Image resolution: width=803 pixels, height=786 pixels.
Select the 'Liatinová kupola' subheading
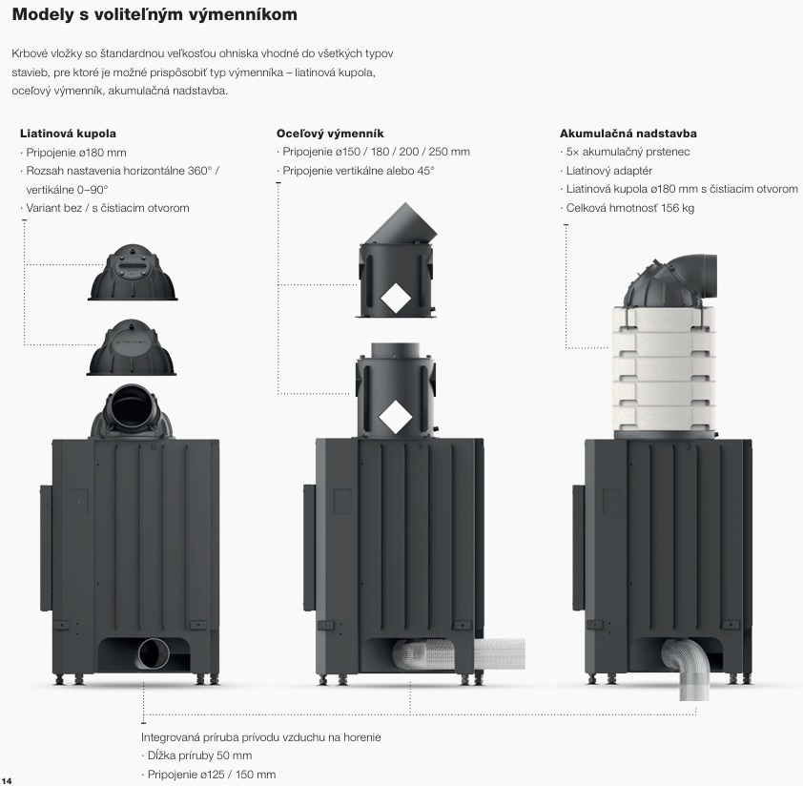pyautogui.click(x=68, y=134)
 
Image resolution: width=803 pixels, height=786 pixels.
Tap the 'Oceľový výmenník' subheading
pyautogui.click(x=330, y=134)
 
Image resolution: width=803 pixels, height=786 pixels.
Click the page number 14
pyautogui.click(x=7, y=779)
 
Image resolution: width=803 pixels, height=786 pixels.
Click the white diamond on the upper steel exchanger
pyautogui.click(x=394, y=300)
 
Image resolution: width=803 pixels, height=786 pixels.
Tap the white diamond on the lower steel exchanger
pyautogui.click(x=394, y=416)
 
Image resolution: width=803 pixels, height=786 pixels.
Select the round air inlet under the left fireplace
pyautogui.click(x=152, y=655)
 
